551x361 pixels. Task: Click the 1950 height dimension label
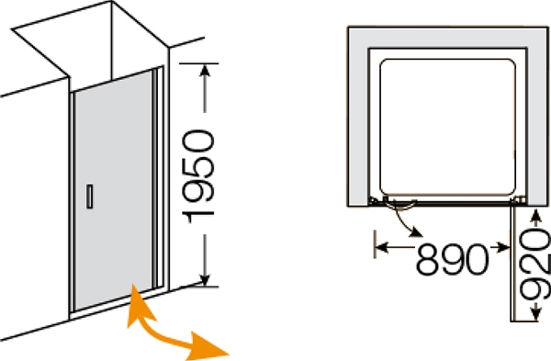(x=198, y=176)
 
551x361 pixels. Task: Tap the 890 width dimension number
(x=453, y=259)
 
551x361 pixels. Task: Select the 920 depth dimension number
(x=535, y=265)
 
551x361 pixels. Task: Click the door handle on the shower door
(x=90, y=197)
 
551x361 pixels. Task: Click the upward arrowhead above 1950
(x=205, y=71)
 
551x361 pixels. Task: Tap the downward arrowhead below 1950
(x=205, y=280)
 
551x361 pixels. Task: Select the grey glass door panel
(x=113, y=190)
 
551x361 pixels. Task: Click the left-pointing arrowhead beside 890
(x=382, y=247)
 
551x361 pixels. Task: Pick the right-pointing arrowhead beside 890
(x=503, y=247)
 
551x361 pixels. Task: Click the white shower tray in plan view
(x=448, y=127)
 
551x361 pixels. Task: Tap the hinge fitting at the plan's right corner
(x=519, y=200)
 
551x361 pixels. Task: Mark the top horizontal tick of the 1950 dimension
(x=198, y=63)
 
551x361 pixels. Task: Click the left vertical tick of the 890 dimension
(x=376, y=244)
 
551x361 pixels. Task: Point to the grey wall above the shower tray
(x=448, y=37)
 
